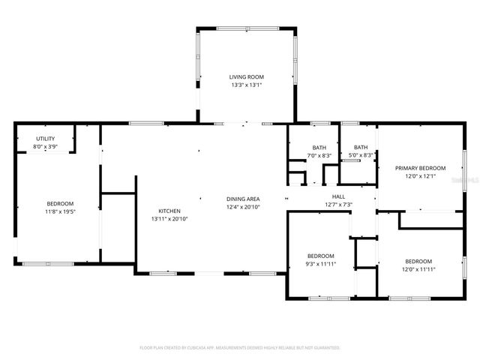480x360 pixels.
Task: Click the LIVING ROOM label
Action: [x=246, y=76]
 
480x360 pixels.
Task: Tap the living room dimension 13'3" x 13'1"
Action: [x=246, y=85]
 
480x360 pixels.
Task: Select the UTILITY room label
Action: [x=46, y=139]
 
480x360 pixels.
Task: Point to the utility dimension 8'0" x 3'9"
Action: [x=46, y=147]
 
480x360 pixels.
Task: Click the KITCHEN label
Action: [x=169, y=210]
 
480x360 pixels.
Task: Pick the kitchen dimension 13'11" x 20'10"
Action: [x=169, y=218]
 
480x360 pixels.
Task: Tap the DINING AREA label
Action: [x=243, y=199]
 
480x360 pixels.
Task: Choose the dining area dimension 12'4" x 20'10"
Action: [x=243, y=207]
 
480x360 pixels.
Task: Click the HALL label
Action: [x=338, y=196]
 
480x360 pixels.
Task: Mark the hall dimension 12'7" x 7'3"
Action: [x=338, y=205]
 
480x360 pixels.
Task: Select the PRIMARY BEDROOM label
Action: [x=421, y=168]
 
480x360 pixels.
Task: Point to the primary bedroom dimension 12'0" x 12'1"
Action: [x=421, y=176]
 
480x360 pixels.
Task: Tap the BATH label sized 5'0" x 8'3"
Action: [x=361, y=147]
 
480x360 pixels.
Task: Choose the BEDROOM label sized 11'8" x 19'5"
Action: [x=60, y=203]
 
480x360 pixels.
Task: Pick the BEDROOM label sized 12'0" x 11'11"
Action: [x=418, y=261]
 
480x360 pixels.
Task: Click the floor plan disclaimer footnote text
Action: [x=240, y=348]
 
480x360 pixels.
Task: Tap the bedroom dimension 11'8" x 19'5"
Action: [x=60, y=211]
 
